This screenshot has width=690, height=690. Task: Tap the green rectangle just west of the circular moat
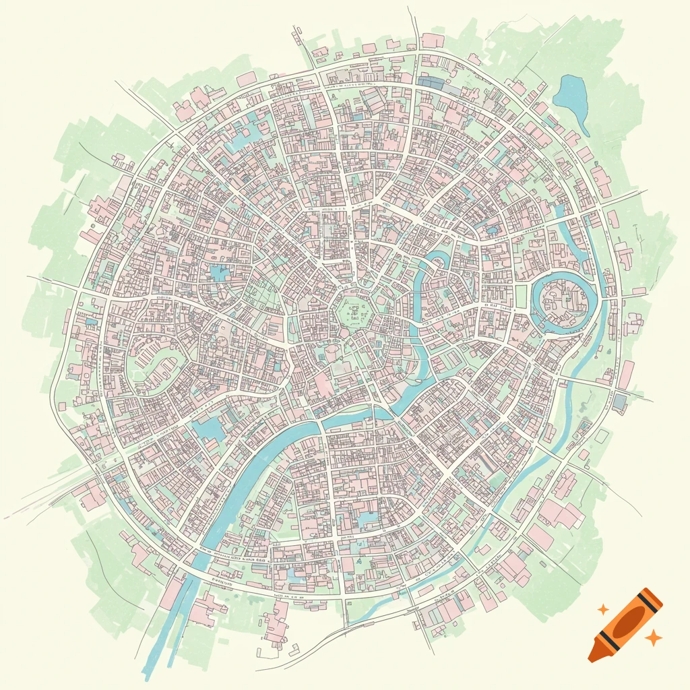tap(521, 296)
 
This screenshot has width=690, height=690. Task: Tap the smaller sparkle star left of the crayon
tap(603, 609)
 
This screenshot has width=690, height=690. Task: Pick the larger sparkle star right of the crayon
tap(652, 637)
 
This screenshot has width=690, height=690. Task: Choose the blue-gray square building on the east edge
tap(619, 402)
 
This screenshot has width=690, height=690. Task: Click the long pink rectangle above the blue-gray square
tap(627, 375)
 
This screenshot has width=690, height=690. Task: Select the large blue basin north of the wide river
tap(210, 427)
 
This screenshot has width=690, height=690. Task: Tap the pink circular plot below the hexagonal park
tap(334, 352)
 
